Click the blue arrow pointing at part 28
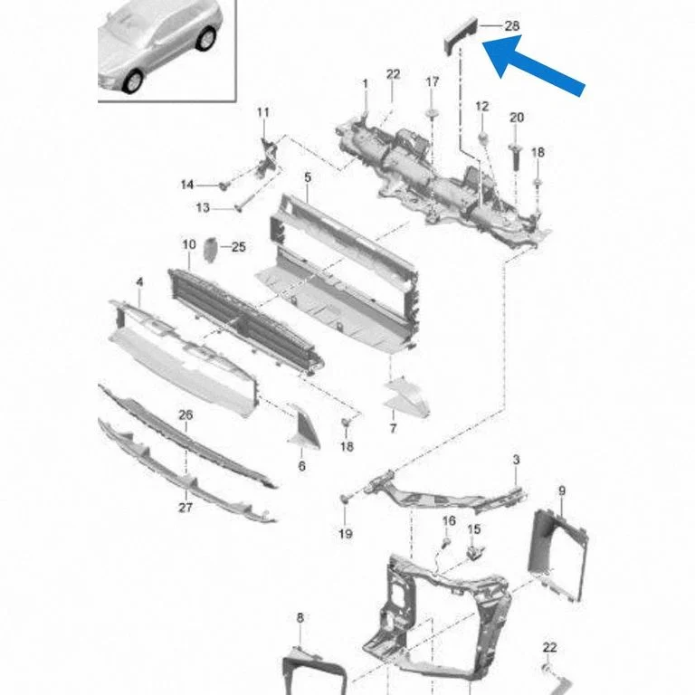pyautogui.click(x=534, y=65)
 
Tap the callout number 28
pyautogui.click(x=512, y=25)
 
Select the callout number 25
pyautogui.click(x=239, y=247)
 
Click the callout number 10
pyautogui.click(x=189, y=244)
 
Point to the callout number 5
pyautogui.click(x=308, y=177)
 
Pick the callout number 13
pyautogui.click(x=203, y=207)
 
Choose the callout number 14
pyautogui.click(x=187, y=185)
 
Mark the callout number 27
pyautogui.click(x=186, y=507)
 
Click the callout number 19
pyautogui.click(x=346, y=533)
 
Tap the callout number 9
pyautogui.click(x=562, y=490)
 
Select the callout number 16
pyautogui.click(x=449, y=520)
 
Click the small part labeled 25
pyautogui.click(x=210, y=250)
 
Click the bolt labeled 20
pyautogui.click(x=515, y=157)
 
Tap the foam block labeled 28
pyautogui.click(x=461, y=34)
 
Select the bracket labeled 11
pyautogui.click(x=268, y=157)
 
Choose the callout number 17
pyautogui.click(x=433, y=82)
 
